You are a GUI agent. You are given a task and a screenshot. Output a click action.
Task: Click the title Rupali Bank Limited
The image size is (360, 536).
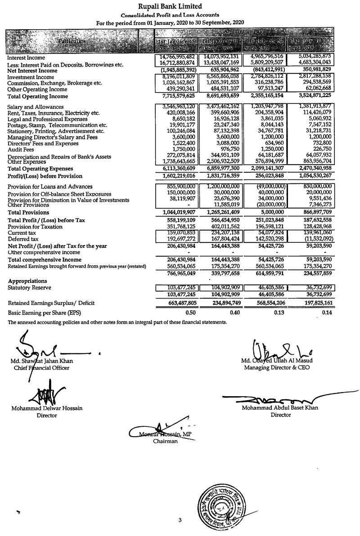(170, 6)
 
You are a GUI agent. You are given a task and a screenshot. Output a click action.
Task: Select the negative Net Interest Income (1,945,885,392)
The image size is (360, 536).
(176, 70)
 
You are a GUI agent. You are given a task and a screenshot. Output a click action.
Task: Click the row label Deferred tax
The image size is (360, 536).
(22, 239)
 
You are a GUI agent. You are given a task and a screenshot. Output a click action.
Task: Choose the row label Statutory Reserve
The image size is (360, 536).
(29, 287)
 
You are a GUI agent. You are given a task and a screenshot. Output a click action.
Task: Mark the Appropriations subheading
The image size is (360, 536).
(27, 281)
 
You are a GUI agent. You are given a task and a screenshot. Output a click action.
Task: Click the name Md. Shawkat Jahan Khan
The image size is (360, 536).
(43, 361)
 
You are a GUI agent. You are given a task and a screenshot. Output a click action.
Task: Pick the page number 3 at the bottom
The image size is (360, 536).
(180, 521)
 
